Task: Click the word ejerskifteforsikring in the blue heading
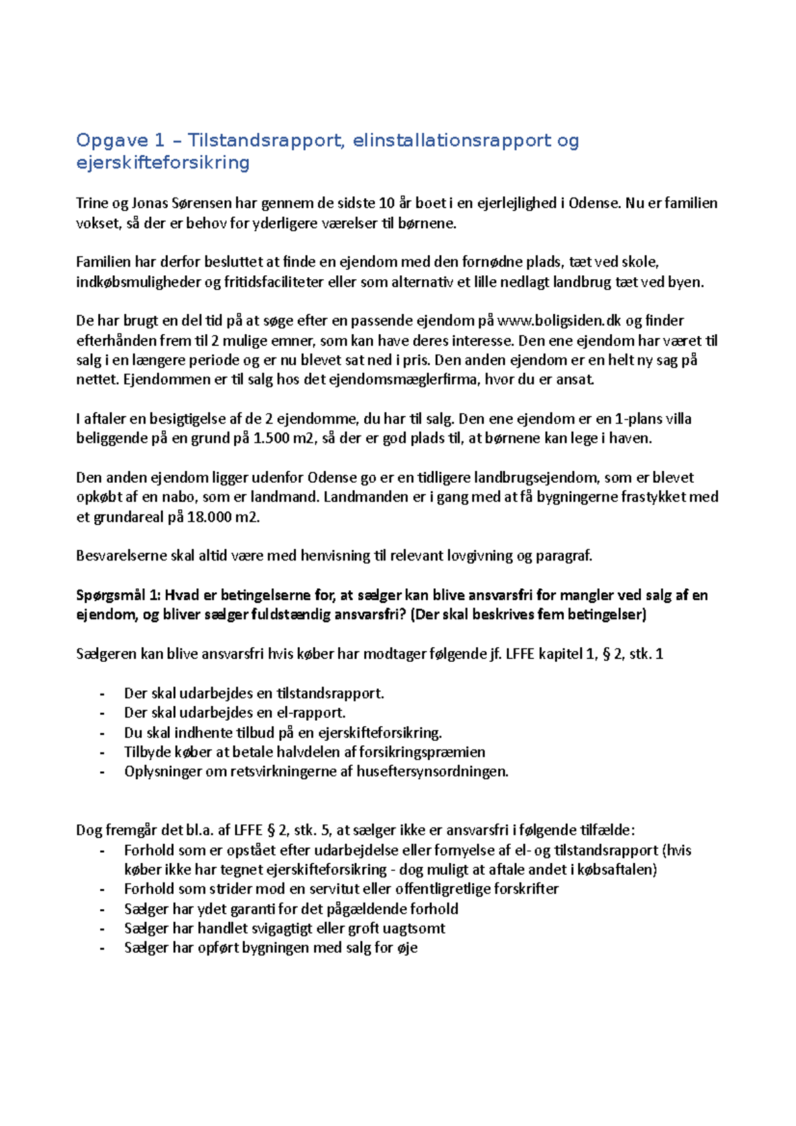pos(163,162)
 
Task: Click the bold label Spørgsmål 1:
pos(118,595)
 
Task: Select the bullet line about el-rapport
pos(235,713)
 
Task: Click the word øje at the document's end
pos(407,948)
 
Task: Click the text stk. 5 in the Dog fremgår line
pos(312,830)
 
